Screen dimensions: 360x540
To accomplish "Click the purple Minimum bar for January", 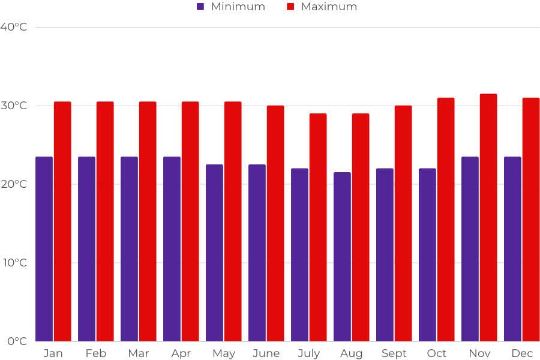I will pos(44,249).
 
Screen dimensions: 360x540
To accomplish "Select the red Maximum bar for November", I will pos(488,217).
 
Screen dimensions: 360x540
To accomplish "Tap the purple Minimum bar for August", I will pos(342,257).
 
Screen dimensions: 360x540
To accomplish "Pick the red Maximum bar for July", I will pos(318,227).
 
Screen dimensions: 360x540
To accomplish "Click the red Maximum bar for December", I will pos(531,219).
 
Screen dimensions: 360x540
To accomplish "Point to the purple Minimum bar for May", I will pos(214,253).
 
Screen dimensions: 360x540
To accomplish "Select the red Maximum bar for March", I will pos(148,221).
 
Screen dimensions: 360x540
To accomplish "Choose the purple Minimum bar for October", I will pos(427,255).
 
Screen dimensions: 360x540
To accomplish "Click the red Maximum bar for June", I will pos(275,223).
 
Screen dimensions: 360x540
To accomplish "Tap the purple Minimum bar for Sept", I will pos(385,255).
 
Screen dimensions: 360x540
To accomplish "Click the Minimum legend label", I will pos(238,7).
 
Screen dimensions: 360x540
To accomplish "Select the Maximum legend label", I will pos(329,7).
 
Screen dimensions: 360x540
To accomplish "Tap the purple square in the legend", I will pos(200,7).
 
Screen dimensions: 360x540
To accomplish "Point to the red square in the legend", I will pos(290,7).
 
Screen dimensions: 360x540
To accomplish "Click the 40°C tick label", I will pos(14,27).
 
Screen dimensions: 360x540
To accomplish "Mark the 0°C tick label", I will pos(17,341).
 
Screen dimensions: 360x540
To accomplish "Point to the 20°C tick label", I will pos(14,184).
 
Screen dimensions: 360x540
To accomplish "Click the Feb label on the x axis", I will pos(95,353).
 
